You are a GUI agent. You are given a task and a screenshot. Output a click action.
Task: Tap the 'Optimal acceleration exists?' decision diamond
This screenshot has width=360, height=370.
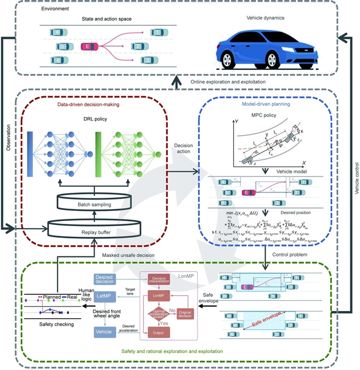point(158,315)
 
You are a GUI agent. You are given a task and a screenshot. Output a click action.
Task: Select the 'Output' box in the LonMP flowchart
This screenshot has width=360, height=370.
point(158,333)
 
